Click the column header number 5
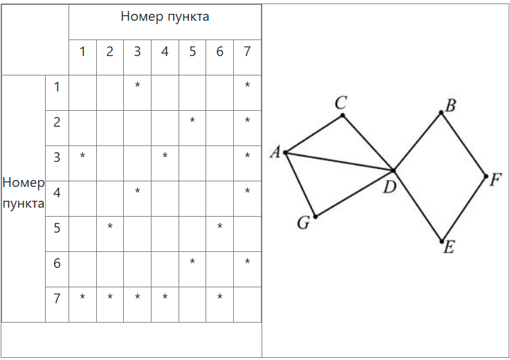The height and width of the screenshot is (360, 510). point(192,51)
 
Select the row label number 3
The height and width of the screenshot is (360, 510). point(57,157)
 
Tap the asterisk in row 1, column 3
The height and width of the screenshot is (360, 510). point(138,86)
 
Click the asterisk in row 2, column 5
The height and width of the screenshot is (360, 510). point(192,121)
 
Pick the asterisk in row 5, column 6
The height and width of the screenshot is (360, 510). point(219,227)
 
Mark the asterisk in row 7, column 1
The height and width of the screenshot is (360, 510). point(82,298)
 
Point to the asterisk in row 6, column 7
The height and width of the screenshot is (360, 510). point(247,262)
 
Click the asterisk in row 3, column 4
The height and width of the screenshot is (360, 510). point(165,156)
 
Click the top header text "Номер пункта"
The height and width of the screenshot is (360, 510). point(165,17)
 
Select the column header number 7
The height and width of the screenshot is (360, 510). point(247,51)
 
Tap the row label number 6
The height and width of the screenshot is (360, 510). point(57,263)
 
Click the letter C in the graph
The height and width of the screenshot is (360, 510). point(340,103)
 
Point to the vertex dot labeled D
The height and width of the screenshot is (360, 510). point(394,170)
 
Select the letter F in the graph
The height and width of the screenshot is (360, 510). point(495,180)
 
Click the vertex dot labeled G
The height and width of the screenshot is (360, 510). point(316,217)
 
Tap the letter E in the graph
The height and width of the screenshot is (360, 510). point(448,247)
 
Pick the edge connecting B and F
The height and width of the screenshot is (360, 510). point(464,144)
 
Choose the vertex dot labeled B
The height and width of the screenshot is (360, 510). point(441,112)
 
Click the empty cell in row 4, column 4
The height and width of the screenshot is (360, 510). point(165,192)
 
